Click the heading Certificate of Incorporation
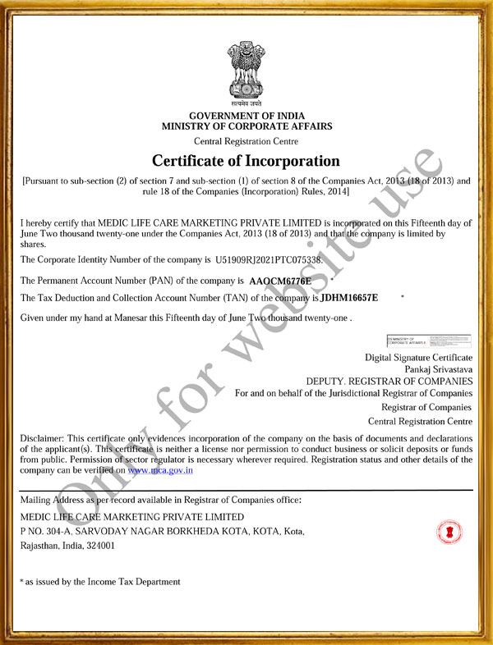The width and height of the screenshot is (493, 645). [246, 161]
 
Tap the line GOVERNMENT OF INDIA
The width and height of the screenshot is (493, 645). [246, 117]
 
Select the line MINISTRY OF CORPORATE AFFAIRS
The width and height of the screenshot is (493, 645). [246, 126]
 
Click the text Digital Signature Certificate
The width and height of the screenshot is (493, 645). [419, 358]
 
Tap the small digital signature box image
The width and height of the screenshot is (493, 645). [428, 341]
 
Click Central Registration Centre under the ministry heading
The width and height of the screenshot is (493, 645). [246, 141]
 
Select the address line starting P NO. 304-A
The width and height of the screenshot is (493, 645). [162, 531]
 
